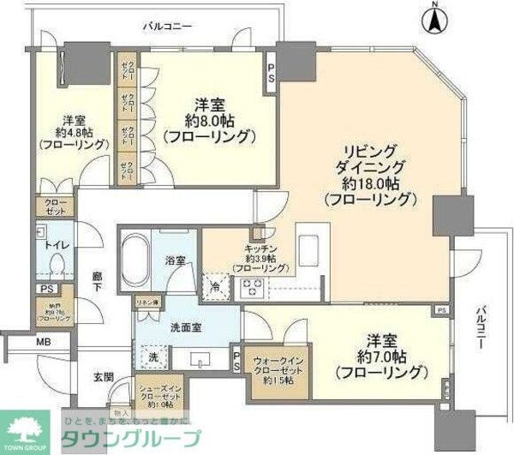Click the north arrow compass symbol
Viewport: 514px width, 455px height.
[436, 20]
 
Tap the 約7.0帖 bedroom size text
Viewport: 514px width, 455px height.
[380, 355]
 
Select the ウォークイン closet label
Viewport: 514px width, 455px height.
[275, 361]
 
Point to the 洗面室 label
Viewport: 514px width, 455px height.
[168, 326]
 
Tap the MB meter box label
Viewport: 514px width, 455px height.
[43, 342]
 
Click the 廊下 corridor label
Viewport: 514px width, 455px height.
[97, 283]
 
